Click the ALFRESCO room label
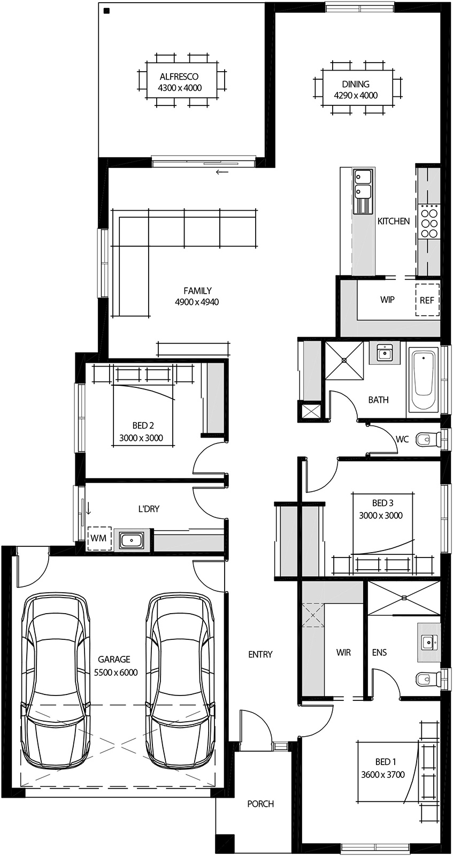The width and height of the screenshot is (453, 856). pyautogui.click(x=179, y=77)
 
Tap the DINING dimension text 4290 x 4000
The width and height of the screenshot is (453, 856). pyautogui.click(x=356, y=96)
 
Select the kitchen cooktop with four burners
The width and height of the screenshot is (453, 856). pyautogui.click(x=429, y=221)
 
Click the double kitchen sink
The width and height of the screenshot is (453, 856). pyautogui.click(x=364, y=183)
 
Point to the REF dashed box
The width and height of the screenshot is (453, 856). pyautogui.click(x=427, y=300)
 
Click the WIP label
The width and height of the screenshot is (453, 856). pyautogui.click(x=387, y=300)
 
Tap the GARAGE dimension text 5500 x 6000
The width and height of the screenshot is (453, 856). pyautogui.click(x=116, y=672)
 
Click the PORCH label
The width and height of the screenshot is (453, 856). pyautogui.click(x=260, y=804)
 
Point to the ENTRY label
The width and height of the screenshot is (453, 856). pyautogui.click(x=260, y=654)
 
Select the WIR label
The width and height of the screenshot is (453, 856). pyautogui.click(x=343, y=653)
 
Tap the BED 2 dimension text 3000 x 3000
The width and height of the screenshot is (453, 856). pyautogui.click(x=141, y=438)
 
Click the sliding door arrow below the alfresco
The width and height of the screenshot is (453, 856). pyautogui.click(x=222, y=172)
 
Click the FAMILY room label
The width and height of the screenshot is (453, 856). pyautogui.click(x=197, y=291)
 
